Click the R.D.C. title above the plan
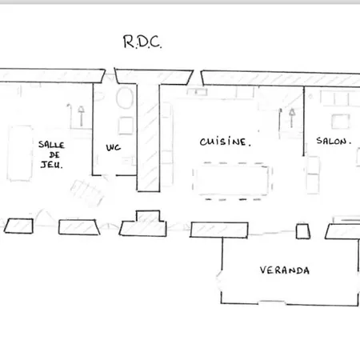[142, 42]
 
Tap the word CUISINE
[226, 142]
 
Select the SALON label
[334, 141]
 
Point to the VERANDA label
[285, 270]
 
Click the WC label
[114, 147]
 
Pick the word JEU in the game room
[51, 165]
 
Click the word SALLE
[51, 145]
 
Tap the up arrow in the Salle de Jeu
[81, 116]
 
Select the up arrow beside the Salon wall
[292, 118]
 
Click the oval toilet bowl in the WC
[125, 98]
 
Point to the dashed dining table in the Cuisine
[232, 181]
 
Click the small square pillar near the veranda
[303, 231]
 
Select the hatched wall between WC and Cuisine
[148, 138]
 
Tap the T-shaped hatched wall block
[143, 226]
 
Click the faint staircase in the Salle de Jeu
[87, 193]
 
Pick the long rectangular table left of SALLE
[20, 154]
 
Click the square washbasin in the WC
[126, 126]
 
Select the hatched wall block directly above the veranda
[219, 230]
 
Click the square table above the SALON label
[341, 122]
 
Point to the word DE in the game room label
[54, 154]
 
